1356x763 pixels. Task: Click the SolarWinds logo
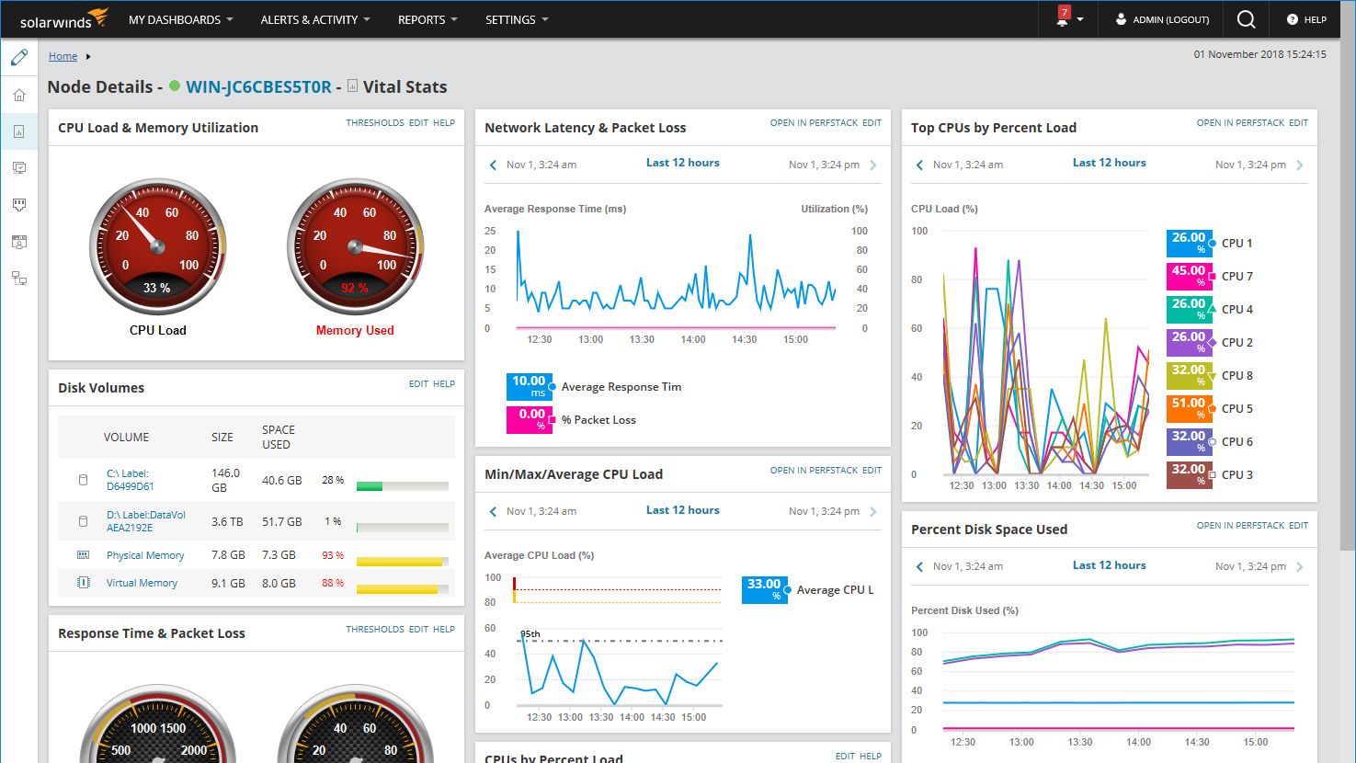[x=63, y=19]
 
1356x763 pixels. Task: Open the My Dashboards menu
[x=180, y=19]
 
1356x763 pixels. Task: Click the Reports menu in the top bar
[x=427, y=19]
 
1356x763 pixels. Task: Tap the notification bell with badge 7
[x=1063, y=19]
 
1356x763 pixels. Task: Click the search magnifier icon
[x=1246, y=19]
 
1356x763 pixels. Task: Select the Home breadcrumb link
[x=63, y=56]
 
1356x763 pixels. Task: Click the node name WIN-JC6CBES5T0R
[x=258, y=87]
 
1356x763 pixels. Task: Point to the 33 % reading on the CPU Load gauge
[x=157, y=288]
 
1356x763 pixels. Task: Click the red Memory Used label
[x=355, y=330]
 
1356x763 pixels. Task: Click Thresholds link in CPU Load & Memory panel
[x=374, y=122]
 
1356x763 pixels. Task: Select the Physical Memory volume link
[x=145, y=555]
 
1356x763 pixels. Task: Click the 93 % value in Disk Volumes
[x=333, y=555]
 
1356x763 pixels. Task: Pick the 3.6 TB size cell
[x=227, y=521]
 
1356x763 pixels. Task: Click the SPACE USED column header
[x=278, y=437]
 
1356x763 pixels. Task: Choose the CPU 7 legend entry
[x=1236, y=276]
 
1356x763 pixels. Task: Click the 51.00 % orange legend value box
[x=1189, y=408]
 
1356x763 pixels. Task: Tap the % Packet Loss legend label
[x=598, y=420]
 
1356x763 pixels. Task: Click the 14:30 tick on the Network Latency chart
[x=744, y=339]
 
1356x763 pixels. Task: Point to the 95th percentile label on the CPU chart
[x=530, y=634]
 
